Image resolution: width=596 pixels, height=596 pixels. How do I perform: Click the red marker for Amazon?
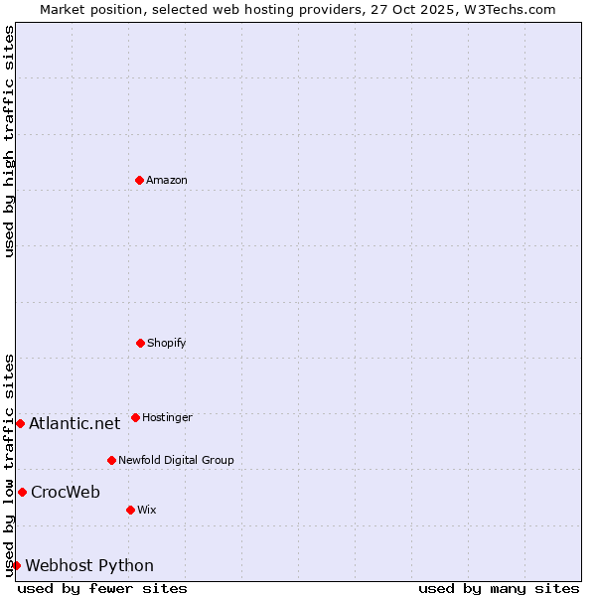(139, 180)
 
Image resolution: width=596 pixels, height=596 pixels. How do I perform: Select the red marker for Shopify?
(140, 343)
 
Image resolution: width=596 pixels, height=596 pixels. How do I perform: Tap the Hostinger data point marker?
(135, 417)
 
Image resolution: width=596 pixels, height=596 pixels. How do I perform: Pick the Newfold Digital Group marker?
(111, 460)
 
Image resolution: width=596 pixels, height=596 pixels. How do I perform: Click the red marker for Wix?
(130, 510)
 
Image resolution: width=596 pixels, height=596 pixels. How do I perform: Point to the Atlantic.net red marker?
(20, 423)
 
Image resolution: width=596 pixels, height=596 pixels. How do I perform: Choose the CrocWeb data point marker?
(22, 492)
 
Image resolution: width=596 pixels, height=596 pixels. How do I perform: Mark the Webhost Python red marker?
(16, 565)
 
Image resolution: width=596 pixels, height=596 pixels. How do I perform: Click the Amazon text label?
(167, 180)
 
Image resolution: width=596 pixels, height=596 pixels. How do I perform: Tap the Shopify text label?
(167, 343)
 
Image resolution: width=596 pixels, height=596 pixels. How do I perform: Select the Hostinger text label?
(167, 417)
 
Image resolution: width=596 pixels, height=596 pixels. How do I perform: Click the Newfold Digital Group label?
(176, 460)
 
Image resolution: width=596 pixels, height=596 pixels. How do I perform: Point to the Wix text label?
(147, 510)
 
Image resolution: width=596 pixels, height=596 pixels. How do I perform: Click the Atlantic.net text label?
(74, 423)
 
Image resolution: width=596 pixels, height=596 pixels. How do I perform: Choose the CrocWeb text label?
(66, 492)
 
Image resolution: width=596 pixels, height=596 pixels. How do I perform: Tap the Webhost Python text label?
(89, 565)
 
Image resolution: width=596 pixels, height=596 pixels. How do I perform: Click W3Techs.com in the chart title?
(511, 9)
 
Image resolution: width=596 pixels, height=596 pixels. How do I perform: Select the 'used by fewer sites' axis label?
(102, 588)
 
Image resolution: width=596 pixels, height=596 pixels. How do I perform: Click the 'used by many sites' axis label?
(499, 588)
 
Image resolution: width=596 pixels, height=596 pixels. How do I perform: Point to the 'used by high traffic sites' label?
(9, 141)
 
